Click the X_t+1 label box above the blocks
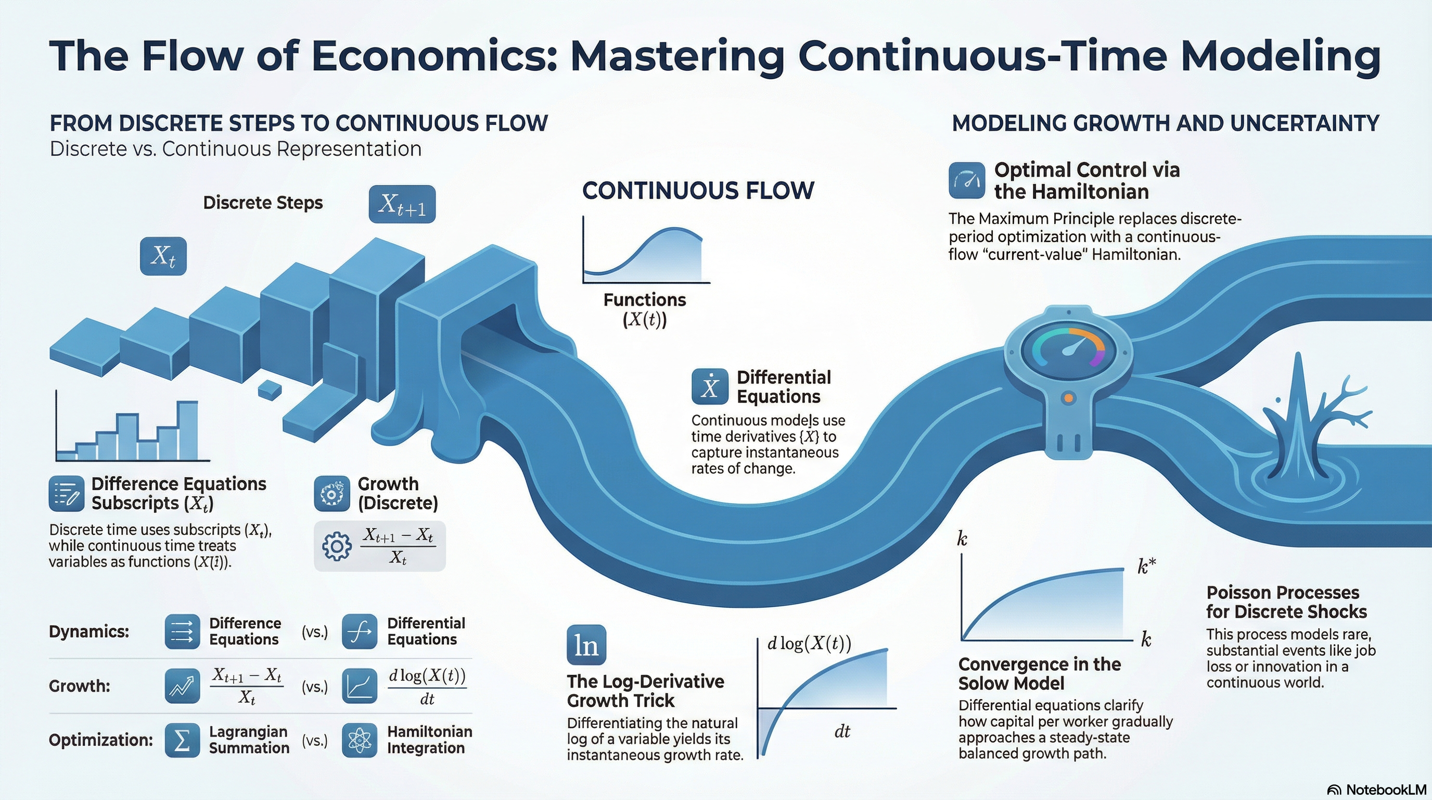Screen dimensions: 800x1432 [402, 204]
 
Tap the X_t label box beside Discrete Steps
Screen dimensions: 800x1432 [163, 256]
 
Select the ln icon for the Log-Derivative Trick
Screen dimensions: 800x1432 [586, 645]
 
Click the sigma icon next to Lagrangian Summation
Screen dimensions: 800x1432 [182, 741]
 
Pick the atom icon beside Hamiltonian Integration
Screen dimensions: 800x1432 [360, 741]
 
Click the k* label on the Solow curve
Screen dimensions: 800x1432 [1147, 566]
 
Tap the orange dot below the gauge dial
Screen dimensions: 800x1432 [1068, 398]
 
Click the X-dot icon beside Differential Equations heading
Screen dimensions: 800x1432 [710, 386]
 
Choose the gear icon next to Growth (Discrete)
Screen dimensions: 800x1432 [332, 493]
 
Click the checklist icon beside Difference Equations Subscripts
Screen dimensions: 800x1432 [67, 493]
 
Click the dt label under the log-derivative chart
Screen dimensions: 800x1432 [842, 732]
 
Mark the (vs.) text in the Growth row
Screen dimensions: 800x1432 [315, 687]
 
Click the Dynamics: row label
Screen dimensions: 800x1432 [89, 632]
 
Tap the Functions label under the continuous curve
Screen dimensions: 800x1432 [645, 300]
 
